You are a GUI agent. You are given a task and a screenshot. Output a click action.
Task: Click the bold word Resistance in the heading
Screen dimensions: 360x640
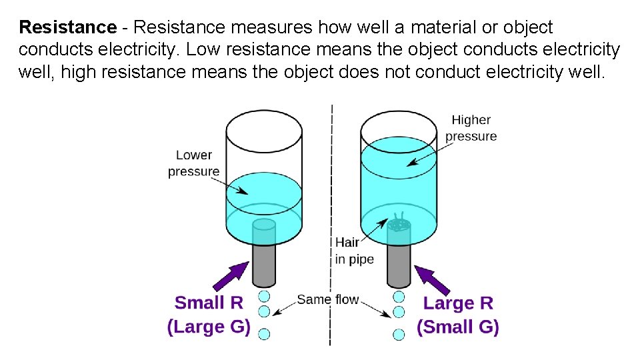click(x=67, y=27)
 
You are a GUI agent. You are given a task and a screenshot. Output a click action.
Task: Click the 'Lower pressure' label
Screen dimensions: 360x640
click(x=193, y=163)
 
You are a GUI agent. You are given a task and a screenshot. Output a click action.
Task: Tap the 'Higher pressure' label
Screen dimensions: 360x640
click(x=471, y=128)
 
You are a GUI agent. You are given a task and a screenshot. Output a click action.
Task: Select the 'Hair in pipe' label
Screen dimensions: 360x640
click(x=354, y=251)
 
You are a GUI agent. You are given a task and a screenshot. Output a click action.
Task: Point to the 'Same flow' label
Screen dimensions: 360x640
click(x=328, y=300)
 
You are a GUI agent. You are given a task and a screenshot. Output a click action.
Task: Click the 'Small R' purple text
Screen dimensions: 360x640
click(x=209, y=303)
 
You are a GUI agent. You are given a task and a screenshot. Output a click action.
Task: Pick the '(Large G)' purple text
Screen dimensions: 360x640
click(x=209, y=327)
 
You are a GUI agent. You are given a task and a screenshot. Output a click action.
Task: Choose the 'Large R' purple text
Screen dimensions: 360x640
click(x=458, y=303)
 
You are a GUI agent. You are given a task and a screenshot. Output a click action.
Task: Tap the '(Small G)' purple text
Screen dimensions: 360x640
click(x=458, y=327)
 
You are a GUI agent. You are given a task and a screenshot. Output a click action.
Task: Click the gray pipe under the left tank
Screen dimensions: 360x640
click(x=264, y=263)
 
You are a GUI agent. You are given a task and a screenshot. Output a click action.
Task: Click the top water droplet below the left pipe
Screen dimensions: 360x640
click(x=264, y=296)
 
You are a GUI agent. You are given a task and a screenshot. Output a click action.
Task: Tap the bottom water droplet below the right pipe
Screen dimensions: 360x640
click(x=399, y=333)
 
